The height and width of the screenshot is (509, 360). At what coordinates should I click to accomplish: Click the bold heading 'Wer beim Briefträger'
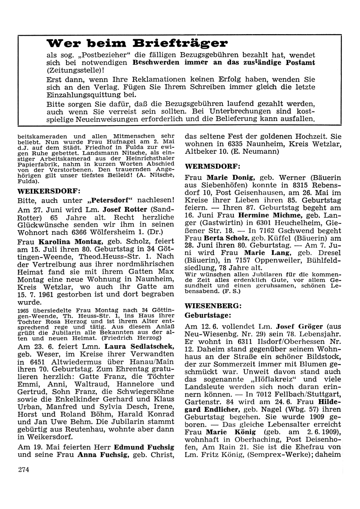[137, 44]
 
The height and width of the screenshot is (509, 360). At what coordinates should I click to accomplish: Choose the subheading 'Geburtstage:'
[208, 315]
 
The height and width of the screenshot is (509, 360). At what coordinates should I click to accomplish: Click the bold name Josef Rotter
[125, 209]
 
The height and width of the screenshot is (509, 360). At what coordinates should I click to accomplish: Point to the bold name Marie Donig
[231, 177]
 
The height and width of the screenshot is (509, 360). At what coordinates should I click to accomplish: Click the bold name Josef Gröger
[297, 326]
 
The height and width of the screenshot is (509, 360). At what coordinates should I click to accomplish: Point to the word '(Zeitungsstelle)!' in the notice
[75, 70]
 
